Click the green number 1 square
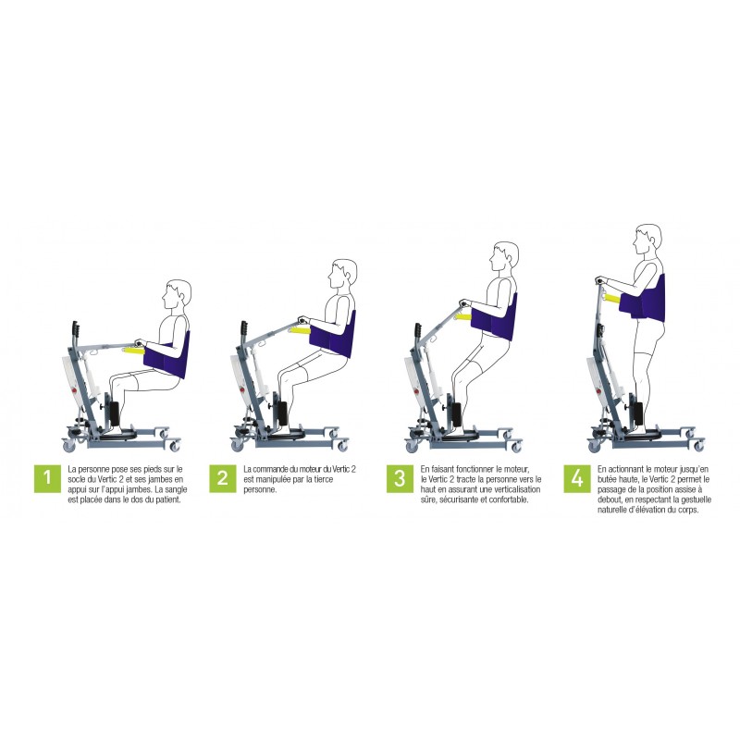[x=46, y=478]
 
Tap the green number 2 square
[x=223, y=478]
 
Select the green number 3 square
[x=400, y=478]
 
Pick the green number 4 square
[x=577, y=478]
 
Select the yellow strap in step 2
[x=300, y=328]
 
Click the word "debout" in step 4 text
[x=613, y=500]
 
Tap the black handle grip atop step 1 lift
[x=75, y=328]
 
